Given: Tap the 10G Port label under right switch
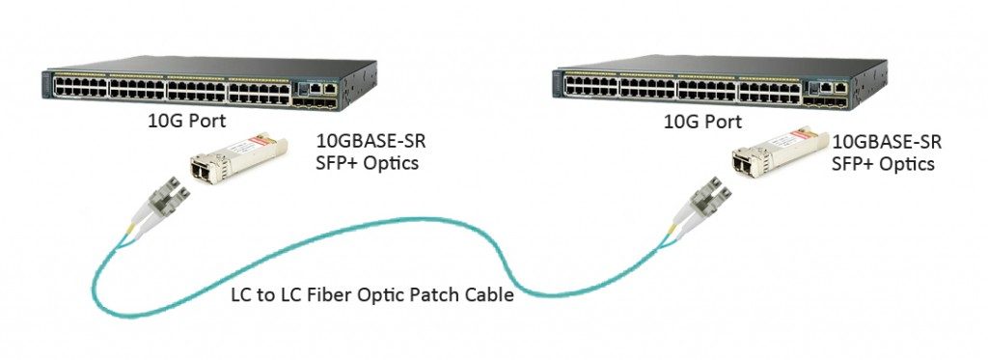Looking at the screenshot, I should [702, 123].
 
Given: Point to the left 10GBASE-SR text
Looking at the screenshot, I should [370, 142].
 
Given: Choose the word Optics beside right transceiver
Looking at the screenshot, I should [903, 164].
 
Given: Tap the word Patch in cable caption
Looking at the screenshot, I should [436, 295].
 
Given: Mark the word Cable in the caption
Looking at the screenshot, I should [489, 295].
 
